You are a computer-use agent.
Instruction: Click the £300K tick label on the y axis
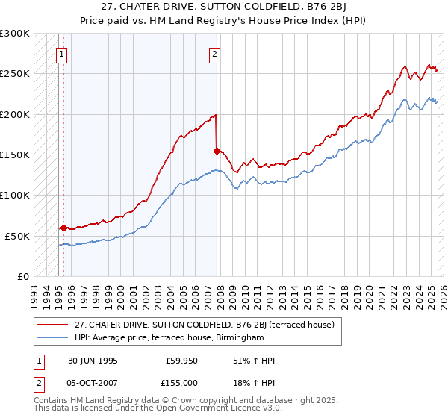pos(15,34)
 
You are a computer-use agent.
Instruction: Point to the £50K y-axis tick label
pos(17,236)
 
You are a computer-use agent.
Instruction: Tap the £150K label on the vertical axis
pos(15,155)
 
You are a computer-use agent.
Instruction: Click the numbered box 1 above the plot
pos(61,54)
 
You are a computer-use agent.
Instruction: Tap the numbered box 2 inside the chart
pos(214,54)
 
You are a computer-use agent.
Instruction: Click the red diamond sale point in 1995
pos(64,228)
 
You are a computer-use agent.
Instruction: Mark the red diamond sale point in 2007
pos(217,151)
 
